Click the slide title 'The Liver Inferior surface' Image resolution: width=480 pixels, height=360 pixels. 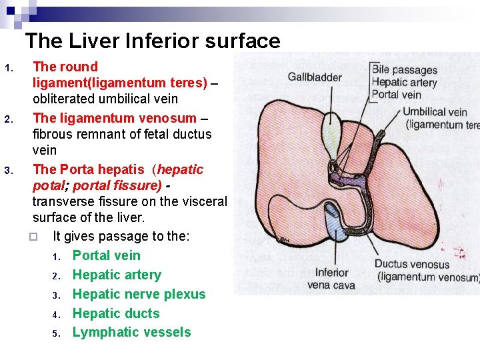pyautogui.click(x=153, y=41)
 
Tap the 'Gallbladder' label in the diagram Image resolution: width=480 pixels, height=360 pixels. pyautogui.click(x=315, y=77)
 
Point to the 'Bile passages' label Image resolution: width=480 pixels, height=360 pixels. pyautogui.click(x=405, y=70)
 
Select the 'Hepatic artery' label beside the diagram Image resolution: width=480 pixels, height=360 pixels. pyautogui.click(x=404, y=83)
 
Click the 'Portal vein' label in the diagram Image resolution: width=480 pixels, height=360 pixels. pyautogui.click(x=396, y=95)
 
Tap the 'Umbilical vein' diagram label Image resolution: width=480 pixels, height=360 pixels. pyautogui.click(x=434, y=112)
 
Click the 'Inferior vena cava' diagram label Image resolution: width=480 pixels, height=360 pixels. pyautogui.click(x=331, y=279)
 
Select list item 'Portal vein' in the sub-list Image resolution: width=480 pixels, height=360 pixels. pyautogui.click(x=106, y=255)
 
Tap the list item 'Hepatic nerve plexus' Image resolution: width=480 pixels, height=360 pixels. pyautogui.click(x=139, y=294)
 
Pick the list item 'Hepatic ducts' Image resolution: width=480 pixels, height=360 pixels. pyautogui.click(x=116, y=313)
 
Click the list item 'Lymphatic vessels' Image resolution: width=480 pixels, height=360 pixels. pyautogui.click(x=131, y=332)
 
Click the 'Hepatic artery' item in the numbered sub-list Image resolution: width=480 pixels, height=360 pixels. pyautogui.click(x=117, y=275)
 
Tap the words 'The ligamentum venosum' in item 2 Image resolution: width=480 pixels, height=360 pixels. pyautogui.click(x=114, y=118)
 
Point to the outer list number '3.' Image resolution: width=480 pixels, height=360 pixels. pyautogui.click(x=9, y=170)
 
